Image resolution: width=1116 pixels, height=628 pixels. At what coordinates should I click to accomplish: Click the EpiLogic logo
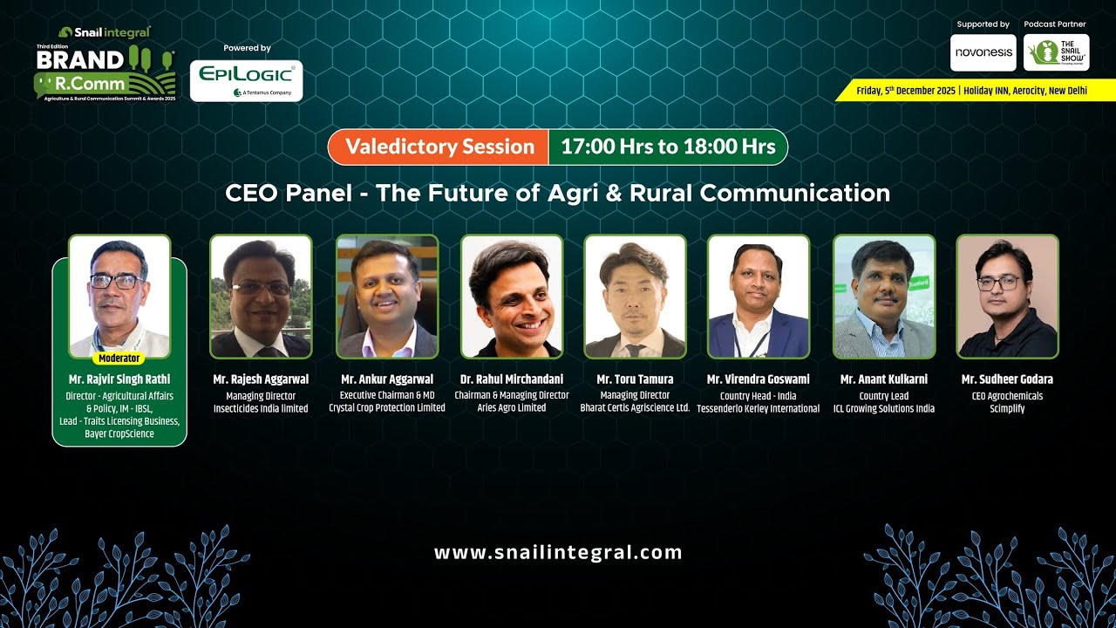pyautogui.click(x=246, y=80)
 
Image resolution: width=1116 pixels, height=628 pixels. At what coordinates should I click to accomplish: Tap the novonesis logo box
pyautogui.click(x=983, y=52)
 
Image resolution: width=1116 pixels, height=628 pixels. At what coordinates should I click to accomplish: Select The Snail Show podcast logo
pyautogui.click(x=1056, y=52)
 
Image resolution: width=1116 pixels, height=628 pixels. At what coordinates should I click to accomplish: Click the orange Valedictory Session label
pyautogui.click(x=439, y=147)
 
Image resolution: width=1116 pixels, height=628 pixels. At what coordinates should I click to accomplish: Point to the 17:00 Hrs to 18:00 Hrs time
pyautogui.click(x=668, y=147)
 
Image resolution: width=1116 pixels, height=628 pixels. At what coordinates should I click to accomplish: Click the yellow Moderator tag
pyautogui.click(x=119, y=358)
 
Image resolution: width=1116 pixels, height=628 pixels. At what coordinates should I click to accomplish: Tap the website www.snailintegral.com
pyautogui.click(x=558, y=552)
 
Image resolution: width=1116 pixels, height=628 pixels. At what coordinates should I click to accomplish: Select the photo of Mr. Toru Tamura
pyautogui.click(x=635, y=297)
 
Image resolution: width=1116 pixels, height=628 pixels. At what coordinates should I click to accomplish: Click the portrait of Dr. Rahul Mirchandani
pyautogui.click(x=512, y=297)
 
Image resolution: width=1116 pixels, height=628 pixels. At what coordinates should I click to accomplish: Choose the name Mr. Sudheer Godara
pyautogui.click(x=1007, y=379)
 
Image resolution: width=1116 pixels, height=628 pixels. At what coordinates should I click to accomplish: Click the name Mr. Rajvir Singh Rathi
pyautogui.click(x=119, y=379)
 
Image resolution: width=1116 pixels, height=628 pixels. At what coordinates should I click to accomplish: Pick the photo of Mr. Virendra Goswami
pyautogui.click(x=758, y=297)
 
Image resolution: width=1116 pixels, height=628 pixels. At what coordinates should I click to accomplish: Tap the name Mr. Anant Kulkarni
pyautogui.click(x=883, y=379)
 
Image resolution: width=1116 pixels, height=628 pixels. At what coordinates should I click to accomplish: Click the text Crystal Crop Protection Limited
pyautogui.click(x=387, y=408)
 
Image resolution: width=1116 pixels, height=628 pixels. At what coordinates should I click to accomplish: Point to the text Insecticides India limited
pyautogui.click(x=261, y=408)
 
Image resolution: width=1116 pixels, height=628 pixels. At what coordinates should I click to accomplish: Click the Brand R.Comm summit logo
pyautogui.click(x=105, y=70)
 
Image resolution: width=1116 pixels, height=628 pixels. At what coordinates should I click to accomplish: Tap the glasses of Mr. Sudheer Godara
pyautogui.click(x=998, y=283)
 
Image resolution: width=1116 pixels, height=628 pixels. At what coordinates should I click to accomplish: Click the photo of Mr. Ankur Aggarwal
pyautogui.click(x=387, y=297)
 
